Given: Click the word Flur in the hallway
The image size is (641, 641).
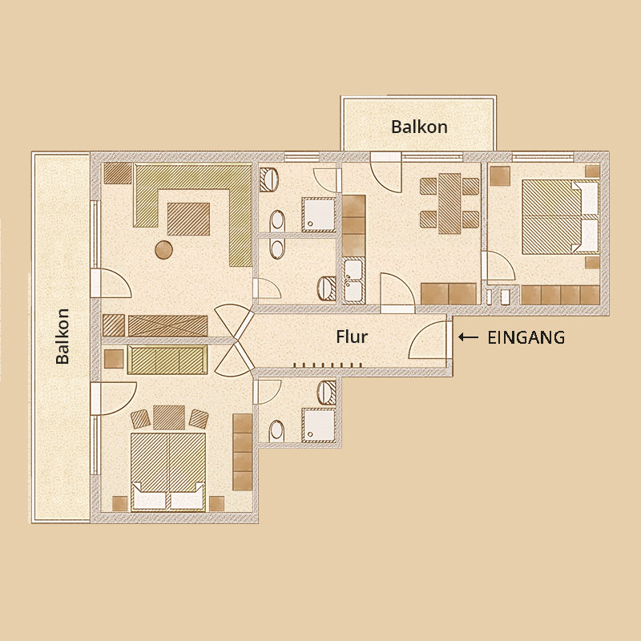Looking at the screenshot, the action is (352, 337).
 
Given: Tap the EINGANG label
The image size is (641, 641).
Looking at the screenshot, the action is (526, 337).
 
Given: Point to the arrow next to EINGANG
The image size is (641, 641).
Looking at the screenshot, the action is (468, 337).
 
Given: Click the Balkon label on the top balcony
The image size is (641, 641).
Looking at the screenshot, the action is (419, 127).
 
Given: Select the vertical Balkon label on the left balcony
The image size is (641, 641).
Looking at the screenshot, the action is (62, 336).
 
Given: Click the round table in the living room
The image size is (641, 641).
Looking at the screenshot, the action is (163, 250).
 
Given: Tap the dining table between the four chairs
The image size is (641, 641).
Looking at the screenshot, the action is (450, 204).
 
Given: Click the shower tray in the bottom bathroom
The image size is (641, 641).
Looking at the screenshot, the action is (319, 425).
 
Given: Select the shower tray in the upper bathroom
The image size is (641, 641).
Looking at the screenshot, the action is (318, 215).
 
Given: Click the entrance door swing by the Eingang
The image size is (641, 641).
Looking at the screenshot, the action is (429, 340).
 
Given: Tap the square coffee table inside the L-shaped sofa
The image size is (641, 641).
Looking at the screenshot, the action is (188, 219).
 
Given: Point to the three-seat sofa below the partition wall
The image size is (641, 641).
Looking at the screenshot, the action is (167, 360).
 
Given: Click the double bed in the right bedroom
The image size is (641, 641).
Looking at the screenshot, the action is (560, 217).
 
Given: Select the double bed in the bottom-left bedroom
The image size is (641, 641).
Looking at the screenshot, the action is (168, 472).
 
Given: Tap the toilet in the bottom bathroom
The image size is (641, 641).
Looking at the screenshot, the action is (277, 431).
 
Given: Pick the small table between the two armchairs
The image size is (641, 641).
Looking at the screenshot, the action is (169, 417).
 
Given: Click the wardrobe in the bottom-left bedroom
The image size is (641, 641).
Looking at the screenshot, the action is (243, 452).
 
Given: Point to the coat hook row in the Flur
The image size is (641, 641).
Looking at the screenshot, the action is (328, 365).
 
